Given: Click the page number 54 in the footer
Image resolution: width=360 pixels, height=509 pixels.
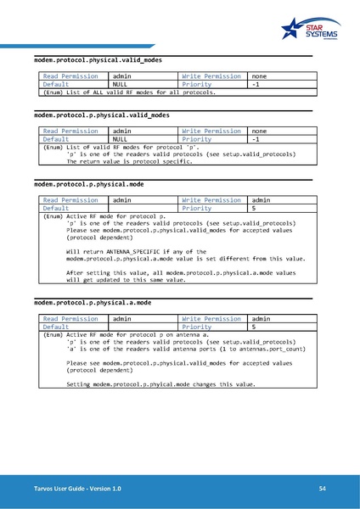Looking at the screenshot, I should tap(323, 489).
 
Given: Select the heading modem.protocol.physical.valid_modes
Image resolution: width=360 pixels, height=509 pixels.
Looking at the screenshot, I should tap(97, 61).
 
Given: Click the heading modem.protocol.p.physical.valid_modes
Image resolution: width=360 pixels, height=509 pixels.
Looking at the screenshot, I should tap(101, 115).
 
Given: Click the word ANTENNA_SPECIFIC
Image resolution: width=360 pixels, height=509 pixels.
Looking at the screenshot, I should tap(145, 252).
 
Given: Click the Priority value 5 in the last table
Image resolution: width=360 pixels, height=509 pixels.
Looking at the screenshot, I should tap(254, 327).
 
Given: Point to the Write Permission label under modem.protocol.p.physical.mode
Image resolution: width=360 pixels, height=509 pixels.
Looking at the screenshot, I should tap(211, 199).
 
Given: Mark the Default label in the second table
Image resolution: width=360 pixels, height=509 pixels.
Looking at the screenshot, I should tap(56, 139).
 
